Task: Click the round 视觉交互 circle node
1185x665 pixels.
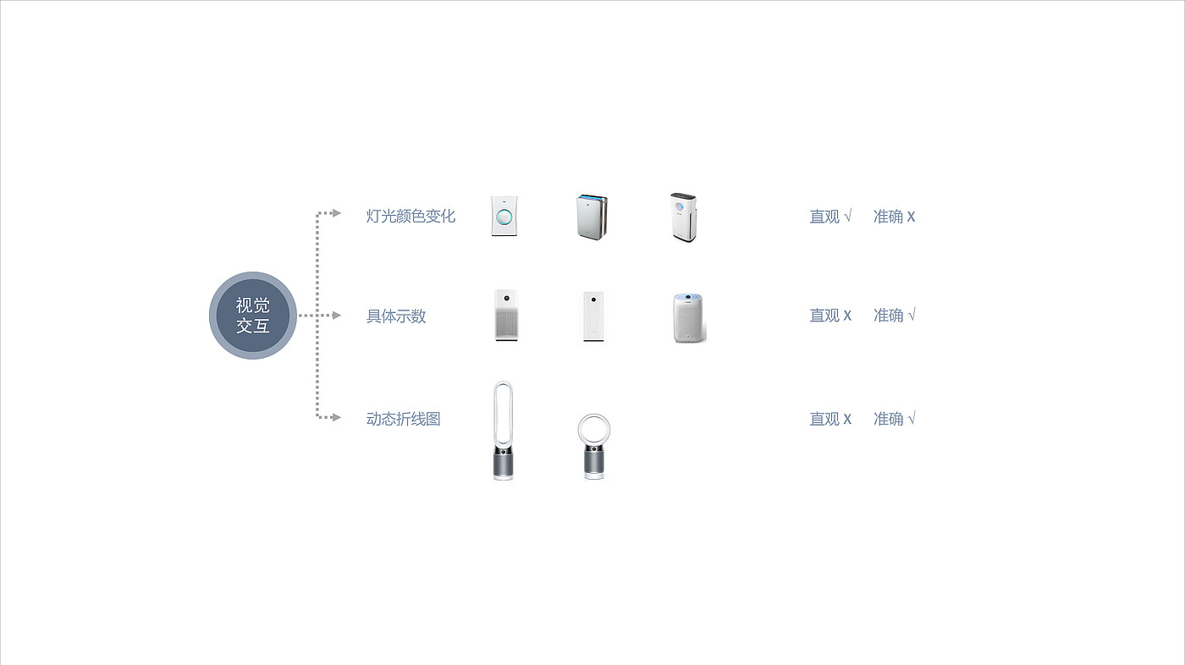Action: coord(253,316)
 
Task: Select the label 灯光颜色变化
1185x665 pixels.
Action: coord(411,216)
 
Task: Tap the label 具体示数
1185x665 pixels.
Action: coord(396,316)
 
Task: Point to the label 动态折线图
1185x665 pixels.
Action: coord(404,419)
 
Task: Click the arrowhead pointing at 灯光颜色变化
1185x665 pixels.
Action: coord(336,212)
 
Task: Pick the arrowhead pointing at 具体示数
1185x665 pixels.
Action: coord(336,316)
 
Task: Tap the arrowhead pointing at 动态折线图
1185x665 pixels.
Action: coord(336,417)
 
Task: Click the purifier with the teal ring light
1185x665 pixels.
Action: coord(504,216)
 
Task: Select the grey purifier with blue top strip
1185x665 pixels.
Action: coord(592,217)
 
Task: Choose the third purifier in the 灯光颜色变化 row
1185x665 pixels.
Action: coord(683,217)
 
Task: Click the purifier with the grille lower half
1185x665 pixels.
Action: coord(505,316)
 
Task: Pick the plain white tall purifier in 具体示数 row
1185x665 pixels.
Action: coord(592,316)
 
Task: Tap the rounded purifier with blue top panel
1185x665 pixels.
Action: coord(688,318)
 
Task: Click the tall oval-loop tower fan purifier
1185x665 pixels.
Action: coord(503,431)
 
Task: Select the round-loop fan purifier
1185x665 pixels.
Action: coord(593,447)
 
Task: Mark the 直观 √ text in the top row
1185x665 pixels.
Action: coord(830,217)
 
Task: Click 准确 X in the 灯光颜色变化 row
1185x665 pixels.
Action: coord(894,217)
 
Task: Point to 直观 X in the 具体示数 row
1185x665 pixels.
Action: coord(830,316)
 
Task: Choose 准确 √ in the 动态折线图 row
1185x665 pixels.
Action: coord(894,419)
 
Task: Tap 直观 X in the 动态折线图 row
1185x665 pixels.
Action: coord(830,419)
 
